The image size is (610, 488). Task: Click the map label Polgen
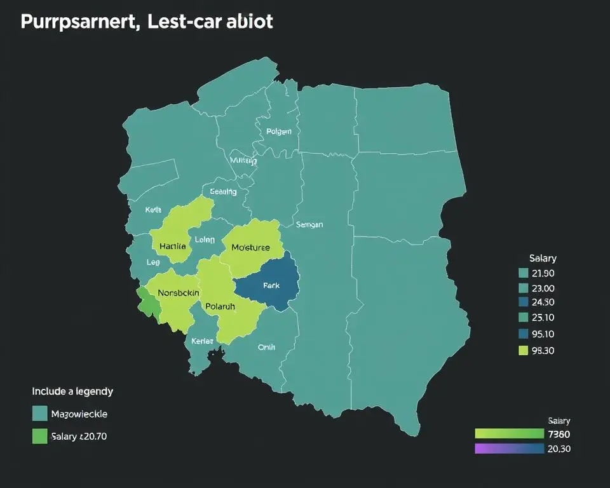pos(279,132)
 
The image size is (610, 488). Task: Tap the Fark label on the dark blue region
pos(271,286)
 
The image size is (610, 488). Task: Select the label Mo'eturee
pos(250,247)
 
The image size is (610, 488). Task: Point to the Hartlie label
pos(173,246)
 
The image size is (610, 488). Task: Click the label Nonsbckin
pos(179,292)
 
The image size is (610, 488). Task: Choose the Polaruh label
pos(220,306)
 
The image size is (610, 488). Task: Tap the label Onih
pos(266,347)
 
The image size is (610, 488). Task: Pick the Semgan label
pos(309,224)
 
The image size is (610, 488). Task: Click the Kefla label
pos(154,210)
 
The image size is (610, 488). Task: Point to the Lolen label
pos(205,240)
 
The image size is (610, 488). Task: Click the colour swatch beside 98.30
pos(524,349)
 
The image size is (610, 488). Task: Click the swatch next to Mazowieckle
pos(39,414)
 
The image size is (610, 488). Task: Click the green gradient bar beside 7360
pos(509,434)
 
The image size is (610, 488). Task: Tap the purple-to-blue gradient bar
pos(509,449)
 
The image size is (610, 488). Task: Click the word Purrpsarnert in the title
pos(76,22)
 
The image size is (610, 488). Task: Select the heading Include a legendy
pos(72,391)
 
